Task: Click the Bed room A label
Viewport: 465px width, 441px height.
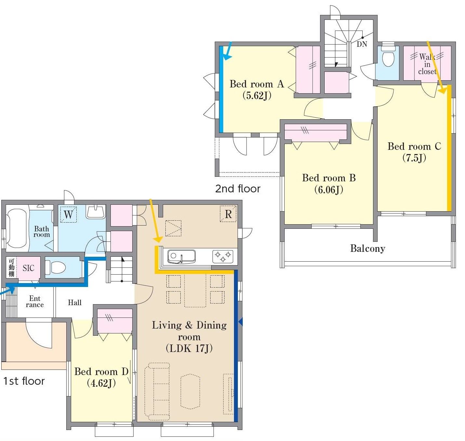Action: click(257, 90)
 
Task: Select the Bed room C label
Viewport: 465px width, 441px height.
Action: click(414, 152)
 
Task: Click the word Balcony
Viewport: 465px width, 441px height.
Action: click(368, 248)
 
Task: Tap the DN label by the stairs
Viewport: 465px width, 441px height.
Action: click(362, 44)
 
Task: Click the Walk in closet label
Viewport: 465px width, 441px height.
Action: click(427, 64)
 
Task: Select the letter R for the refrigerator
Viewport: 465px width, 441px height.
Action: click(228, 214)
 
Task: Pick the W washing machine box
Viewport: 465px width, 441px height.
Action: click(68, 214)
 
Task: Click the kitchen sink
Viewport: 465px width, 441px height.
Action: click(181, 257)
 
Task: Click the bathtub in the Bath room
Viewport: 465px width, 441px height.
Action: click(16, 228)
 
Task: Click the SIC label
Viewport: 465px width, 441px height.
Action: click(28, 268)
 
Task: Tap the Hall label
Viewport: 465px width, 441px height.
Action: click(74, 302)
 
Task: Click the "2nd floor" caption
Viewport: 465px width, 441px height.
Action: click(238, 188)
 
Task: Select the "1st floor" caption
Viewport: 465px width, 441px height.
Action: click(24, 381)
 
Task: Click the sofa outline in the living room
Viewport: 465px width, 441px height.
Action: click(157, 391)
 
